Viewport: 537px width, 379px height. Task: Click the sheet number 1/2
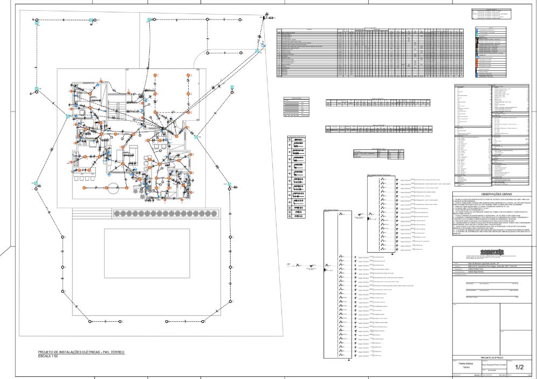tap(519, 368)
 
